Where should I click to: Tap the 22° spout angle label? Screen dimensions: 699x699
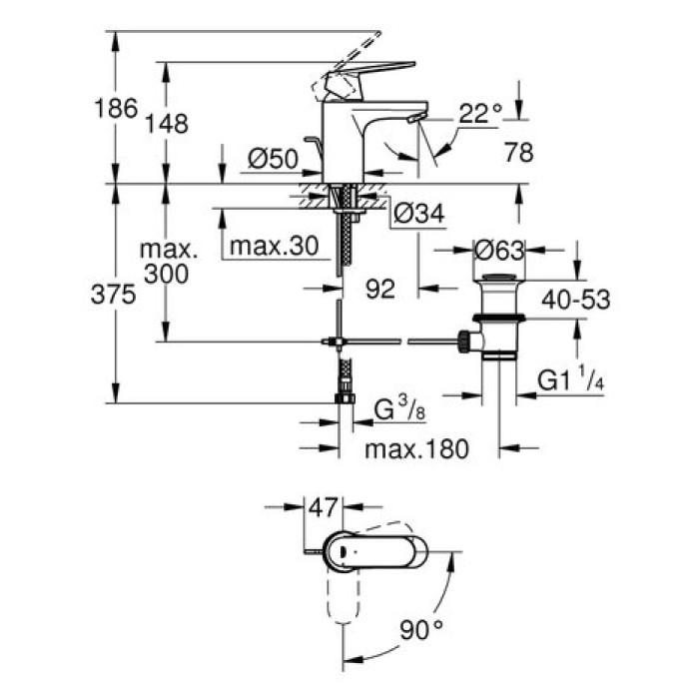point(479,114)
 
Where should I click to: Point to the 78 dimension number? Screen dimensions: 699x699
point(519,153)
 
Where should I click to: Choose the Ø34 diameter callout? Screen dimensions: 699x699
point(417,212)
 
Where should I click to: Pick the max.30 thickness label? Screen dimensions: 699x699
point(267,245)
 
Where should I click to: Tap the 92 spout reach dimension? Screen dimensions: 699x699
point(379,289)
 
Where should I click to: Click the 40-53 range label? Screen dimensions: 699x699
point(574,298)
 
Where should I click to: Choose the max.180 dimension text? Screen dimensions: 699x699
point(415,449)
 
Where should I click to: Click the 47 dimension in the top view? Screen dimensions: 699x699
point(322,507)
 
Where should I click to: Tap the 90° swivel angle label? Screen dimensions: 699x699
point(420,630)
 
